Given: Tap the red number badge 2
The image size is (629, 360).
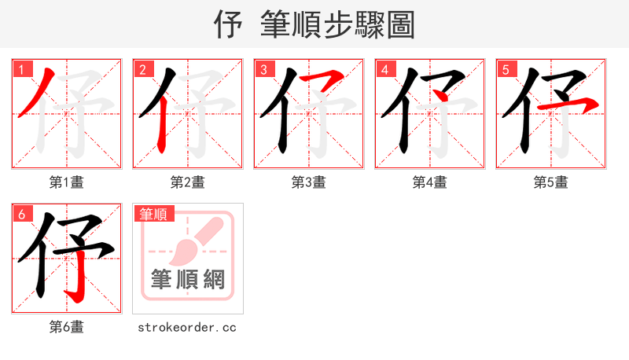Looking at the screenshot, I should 143,69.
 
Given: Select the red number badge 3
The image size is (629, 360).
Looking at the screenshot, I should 264,69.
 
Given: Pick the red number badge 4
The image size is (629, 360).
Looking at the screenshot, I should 385,69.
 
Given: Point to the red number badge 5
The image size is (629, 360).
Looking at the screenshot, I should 506,69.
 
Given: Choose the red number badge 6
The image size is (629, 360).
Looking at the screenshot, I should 22,214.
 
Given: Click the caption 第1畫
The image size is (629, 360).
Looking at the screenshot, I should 67,182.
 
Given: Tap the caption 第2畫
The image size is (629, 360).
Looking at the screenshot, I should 188,182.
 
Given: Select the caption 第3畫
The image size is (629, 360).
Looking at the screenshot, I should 309,182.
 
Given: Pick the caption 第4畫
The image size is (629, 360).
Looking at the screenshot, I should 430,182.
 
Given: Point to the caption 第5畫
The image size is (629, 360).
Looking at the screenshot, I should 551,182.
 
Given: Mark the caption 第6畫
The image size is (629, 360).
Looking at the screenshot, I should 67,327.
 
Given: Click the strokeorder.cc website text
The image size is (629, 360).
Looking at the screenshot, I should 188,327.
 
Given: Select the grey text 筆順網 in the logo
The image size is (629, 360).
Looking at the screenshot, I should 188,279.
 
